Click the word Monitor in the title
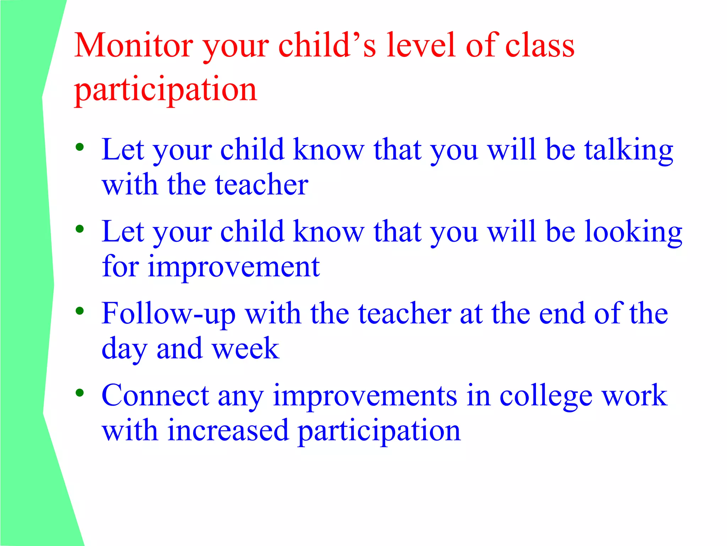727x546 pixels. point(134,45)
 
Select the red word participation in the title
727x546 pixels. point(165,89)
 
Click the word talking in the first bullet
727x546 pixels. point(629,150)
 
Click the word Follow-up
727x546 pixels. point(168,314)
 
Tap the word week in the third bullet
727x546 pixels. point(246,348)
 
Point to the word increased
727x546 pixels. point(228,430)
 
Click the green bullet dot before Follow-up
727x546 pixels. point(80,311)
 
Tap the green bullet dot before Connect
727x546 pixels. point(80,393)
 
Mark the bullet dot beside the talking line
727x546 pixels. point(80,147)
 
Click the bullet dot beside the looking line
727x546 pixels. point(80,229)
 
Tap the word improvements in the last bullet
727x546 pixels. point(365,396)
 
